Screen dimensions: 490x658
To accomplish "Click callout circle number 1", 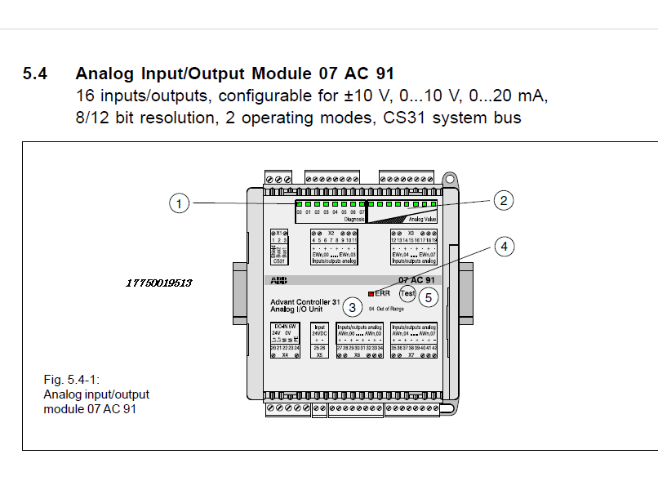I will (180, 203).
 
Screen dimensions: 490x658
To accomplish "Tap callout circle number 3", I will (352, 307).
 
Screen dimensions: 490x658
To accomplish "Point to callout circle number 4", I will (506, 245).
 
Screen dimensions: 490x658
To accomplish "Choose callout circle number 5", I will (429, 297).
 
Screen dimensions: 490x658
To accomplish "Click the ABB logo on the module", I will (281, 279).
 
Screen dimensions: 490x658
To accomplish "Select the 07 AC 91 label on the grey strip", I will (416, 279).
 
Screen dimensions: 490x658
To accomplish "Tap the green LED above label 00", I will (300, 203).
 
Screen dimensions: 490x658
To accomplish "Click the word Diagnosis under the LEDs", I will (353, 219).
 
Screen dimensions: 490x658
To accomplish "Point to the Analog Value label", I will (423, 219).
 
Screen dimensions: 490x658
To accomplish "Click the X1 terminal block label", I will (279, 233).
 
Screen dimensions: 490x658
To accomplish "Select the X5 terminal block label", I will (319, 355).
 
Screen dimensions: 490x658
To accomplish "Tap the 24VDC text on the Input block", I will (319, 334).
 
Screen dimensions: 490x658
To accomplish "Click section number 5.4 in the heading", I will (35, 74).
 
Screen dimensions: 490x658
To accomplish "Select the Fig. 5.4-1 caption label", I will (69, 381).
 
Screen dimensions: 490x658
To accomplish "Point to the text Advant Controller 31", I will (305, 301).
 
